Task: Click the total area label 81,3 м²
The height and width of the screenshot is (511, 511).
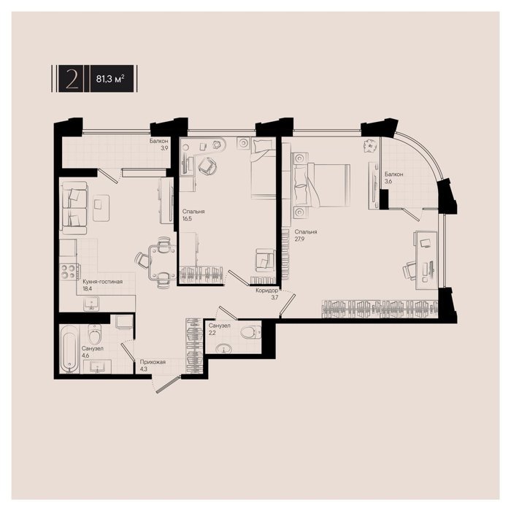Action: pyautogui.click(x=110, y=79)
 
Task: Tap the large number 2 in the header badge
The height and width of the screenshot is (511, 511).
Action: pyautogui.click(x=72, y=79)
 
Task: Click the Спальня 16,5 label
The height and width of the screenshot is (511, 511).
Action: pyautogui.click(x=193, y=215)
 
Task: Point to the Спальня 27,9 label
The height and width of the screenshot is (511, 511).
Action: pyautogui.click(x=306, y=235)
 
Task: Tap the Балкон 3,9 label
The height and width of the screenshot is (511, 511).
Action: pyautogui.click(x=159, y=145)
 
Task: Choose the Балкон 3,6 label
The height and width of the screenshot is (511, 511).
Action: pyautogui.click(x=393, y=177)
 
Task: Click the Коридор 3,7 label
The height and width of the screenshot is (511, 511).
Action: pyautogui.click(x=267, y=293)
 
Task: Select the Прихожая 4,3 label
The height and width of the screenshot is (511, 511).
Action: pyautogui.click(x=153, y=365)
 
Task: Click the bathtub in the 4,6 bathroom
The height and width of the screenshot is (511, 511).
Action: pyautogui.click(x=69, y=348)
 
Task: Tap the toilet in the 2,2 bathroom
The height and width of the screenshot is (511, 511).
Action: pyautogui.click(x=250, y=333)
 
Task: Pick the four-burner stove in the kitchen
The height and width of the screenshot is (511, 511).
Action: pyautogui.click(x=69, y=271)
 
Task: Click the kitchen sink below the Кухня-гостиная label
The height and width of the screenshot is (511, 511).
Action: pyautogui.click(x=91, y=304)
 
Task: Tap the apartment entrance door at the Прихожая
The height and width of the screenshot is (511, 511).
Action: pyautogui.click(x=167, y=384)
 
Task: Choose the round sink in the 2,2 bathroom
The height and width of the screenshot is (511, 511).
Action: pyautogui.click(x=224, y=349)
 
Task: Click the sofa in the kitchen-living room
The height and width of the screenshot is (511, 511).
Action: pyautogui.click(x=74, y=207)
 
